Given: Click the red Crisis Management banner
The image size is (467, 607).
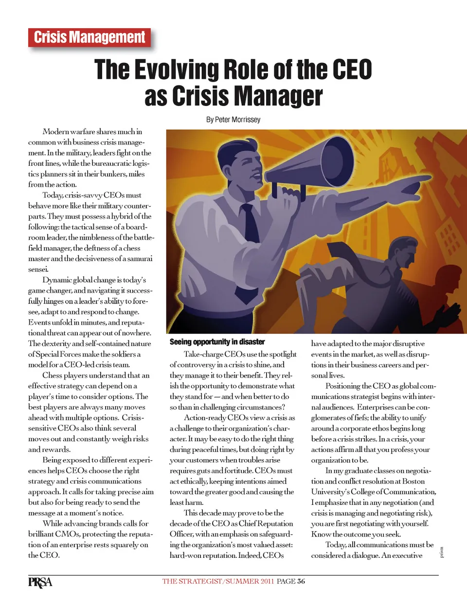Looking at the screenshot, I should (90, 37).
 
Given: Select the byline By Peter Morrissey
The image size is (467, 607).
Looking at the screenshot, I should (233, 120).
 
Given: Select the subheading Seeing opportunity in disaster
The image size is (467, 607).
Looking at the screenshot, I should (217, 342).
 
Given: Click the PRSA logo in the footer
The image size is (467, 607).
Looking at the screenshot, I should (40, 582).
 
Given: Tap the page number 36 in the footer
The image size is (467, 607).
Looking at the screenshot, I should (301, 581).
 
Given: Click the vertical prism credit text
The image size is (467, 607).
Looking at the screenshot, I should (442, 553).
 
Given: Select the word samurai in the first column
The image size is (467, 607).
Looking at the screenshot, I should (139, 259).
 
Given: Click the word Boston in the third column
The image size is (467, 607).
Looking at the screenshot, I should (413, 481).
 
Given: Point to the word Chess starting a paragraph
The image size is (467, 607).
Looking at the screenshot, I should (52, 375).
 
